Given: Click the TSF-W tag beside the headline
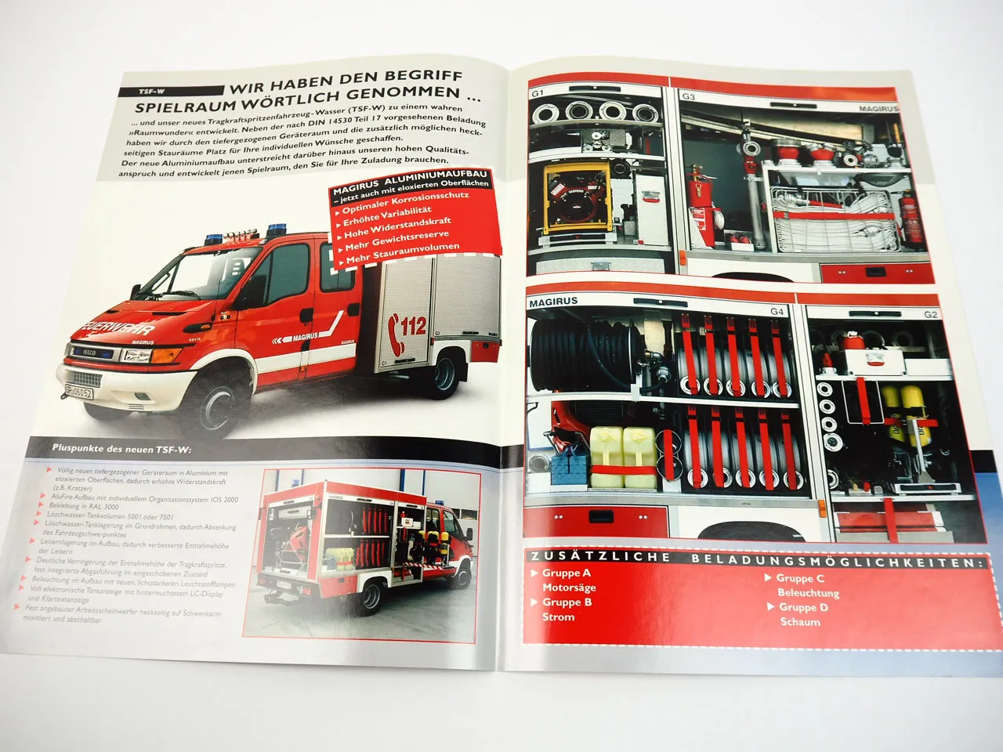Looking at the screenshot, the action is pos(153,92).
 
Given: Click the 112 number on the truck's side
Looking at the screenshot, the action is pos(412,326).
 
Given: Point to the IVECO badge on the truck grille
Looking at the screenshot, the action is pos(91,353).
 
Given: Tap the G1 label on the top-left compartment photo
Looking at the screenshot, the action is pos(538,93).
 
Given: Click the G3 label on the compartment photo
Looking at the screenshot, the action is pos(688,97).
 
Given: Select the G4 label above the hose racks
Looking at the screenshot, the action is pos(776,312).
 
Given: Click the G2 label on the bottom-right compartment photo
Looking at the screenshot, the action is pos(930,315).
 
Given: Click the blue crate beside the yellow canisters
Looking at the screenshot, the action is pos(564,468).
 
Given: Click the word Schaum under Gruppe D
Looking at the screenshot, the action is pos(800,622).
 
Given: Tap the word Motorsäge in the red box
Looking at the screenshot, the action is pos(569,587).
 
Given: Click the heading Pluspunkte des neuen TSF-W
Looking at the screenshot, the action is pos(121,450).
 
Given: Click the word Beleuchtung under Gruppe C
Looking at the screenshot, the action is pos(808,593).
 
